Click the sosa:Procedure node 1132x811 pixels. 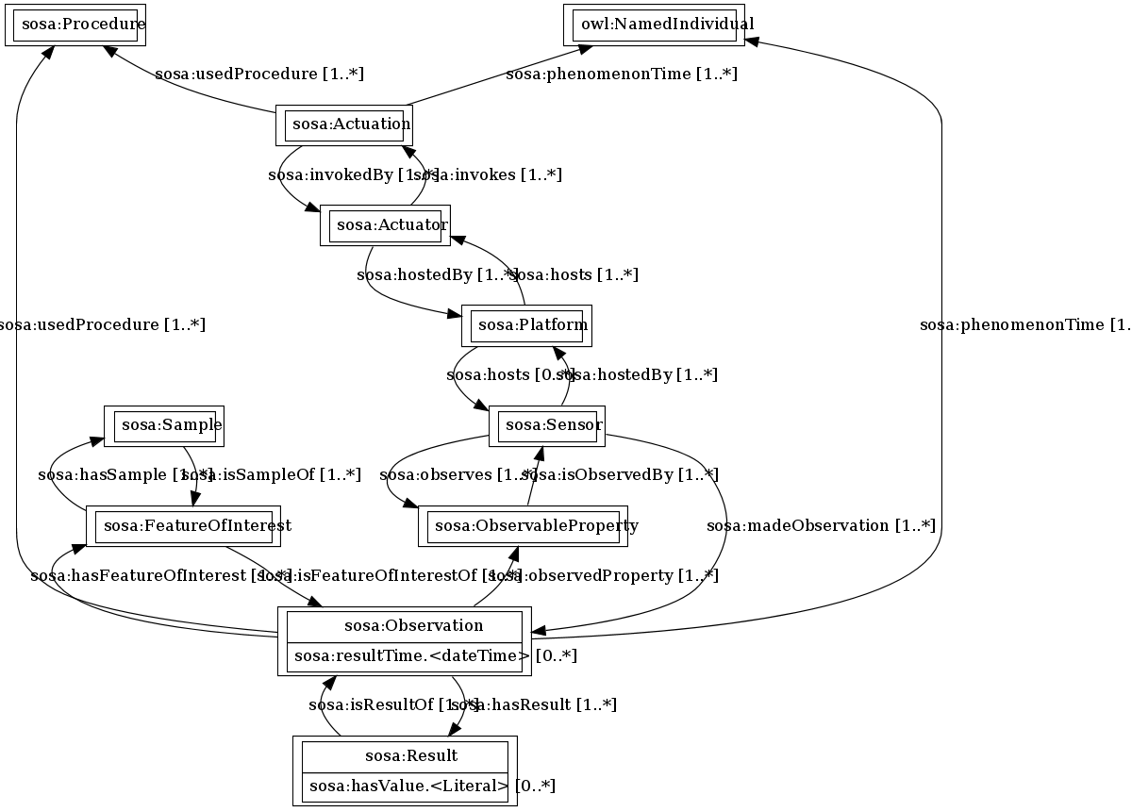75,24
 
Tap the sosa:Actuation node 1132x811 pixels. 343,124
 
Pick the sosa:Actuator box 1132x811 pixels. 385,225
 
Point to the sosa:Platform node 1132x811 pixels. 526,325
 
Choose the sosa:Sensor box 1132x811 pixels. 547,425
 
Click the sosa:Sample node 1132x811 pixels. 164,425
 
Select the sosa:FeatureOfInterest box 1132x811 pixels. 189,525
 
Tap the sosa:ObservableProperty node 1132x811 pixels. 524,525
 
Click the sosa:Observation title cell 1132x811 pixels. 404,625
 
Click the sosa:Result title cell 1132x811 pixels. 404,755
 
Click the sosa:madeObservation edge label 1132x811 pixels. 821,526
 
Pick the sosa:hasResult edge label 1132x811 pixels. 538,704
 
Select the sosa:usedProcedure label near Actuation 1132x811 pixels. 259,74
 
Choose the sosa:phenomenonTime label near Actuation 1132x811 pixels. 622,74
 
